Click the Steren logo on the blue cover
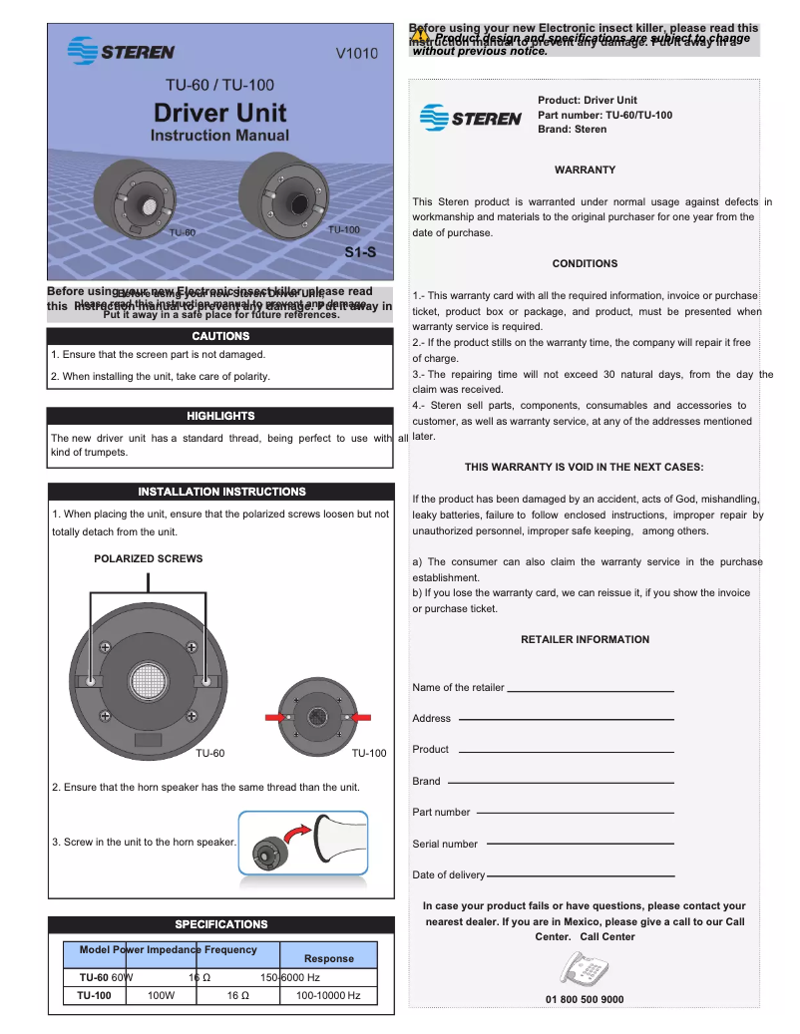pyautogui.click(x=121, y=50)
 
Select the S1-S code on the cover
pyautogui.click(x=359, y=252)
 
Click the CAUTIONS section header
pyautogui.click(x=220, y=336)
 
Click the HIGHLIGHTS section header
pyautogui.click(x=220, y=416)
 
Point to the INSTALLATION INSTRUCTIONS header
pyautogui.click(x=220, y=492)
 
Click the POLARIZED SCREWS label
pyautogui.click(x=148, y=559)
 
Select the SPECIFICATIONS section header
pyautogui.click(x=220, y=924)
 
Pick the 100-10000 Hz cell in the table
pyautogui.click(x=328, y=995)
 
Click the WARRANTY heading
pyautogui.click(x=585, y=171)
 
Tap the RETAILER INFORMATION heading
pyautogui.click(x=585, y=640)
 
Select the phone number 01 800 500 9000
pyautogui.click(x=585, y=999)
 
